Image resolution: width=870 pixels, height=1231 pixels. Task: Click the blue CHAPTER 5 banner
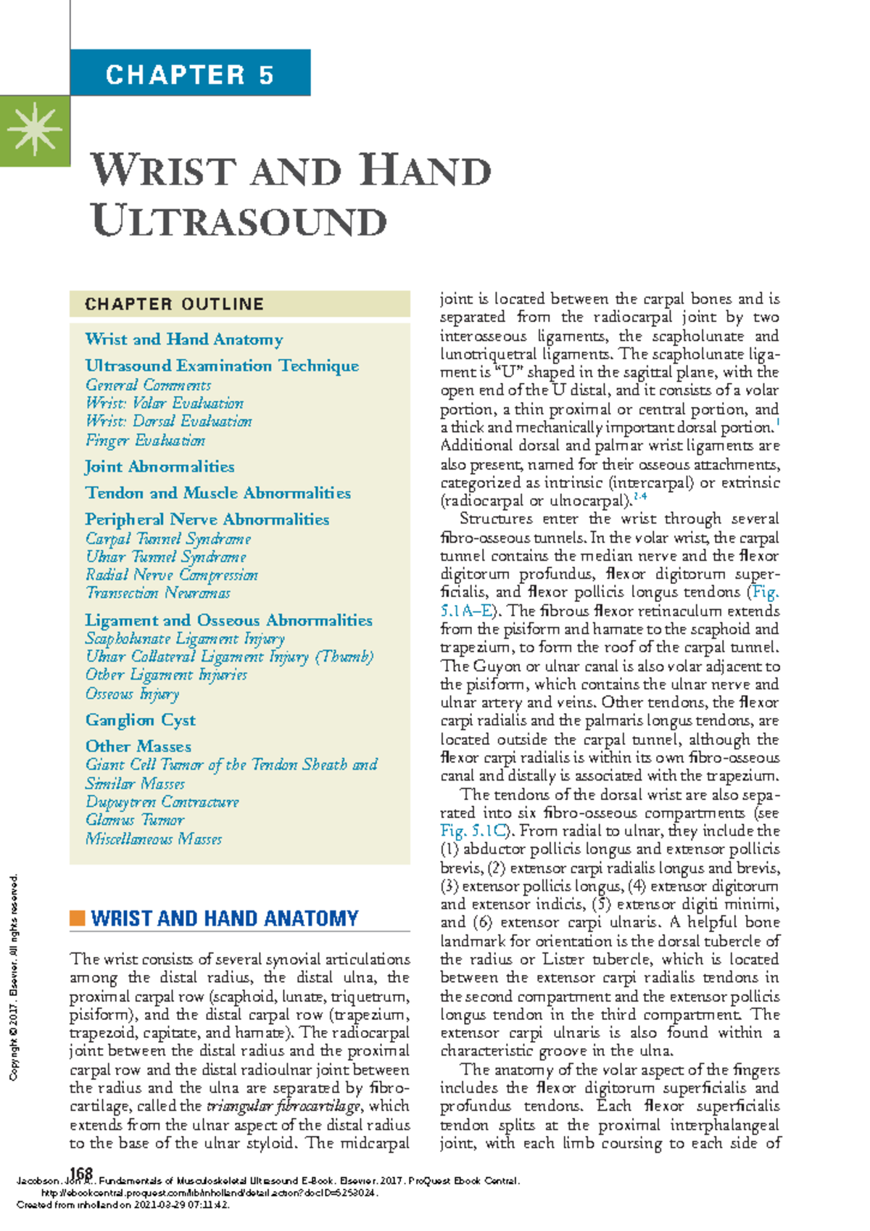pos(190,73)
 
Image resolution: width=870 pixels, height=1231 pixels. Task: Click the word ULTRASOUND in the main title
pos(239,221)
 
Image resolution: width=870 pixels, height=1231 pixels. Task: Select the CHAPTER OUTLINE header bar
pos(239,304)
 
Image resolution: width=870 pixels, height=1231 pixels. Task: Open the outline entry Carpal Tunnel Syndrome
pos(168,538)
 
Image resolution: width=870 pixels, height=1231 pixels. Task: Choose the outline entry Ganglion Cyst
pos(141,720)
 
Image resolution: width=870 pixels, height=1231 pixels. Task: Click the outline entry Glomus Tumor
pos(135,820)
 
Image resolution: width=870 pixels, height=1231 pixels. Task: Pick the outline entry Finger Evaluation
pos(145,440)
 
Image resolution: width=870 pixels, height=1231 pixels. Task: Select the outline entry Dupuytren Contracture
pos(162,802)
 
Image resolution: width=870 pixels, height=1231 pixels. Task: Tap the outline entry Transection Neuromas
pos(157,593)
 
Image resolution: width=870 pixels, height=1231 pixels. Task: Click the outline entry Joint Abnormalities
pos(159,466)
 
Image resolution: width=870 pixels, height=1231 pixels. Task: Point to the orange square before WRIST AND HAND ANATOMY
pos(77,918)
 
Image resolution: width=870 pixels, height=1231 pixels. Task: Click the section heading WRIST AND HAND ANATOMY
pos(225,918)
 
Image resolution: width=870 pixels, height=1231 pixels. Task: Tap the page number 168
pos(81,1173)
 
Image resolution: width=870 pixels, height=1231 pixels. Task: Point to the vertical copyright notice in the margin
pos(13,976)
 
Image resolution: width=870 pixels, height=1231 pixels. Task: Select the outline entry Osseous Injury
pos(132,693)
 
